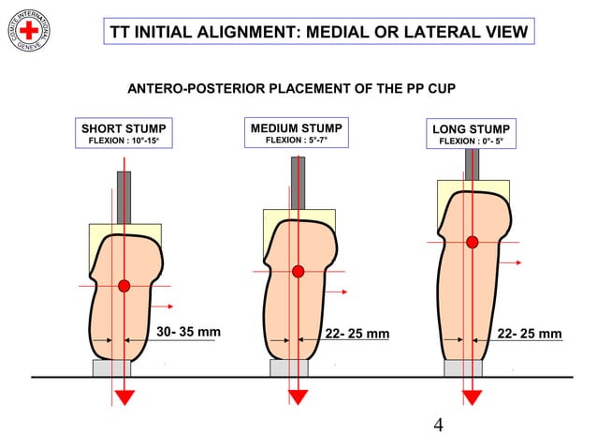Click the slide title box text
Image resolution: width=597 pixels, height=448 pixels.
(318, 31)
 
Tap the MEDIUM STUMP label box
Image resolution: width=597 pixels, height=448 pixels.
(296, 133)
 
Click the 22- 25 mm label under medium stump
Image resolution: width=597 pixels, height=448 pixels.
(357, 334)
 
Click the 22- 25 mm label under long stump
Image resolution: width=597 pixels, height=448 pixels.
(530, 334)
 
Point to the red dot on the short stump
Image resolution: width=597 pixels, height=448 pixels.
(124, 285)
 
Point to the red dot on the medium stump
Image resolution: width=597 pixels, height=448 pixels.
(298, 271)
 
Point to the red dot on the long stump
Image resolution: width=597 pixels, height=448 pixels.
(472, 242)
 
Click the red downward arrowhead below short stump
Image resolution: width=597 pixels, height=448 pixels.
(124, 396)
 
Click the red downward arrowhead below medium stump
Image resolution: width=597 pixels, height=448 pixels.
(298, 396)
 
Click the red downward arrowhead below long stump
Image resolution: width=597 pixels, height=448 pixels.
(472, 396)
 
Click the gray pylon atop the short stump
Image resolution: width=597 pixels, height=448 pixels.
(124, 197)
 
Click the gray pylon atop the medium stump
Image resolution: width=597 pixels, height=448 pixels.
(298, 182)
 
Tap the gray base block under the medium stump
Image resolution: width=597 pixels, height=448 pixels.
(289, 367)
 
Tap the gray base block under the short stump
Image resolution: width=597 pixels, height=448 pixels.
(111, 367)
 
